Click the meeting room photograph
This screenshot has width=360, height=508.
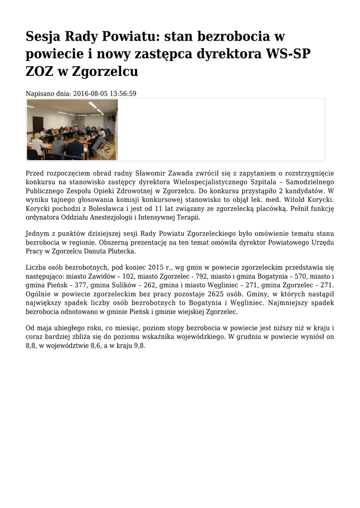[72, 129]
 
